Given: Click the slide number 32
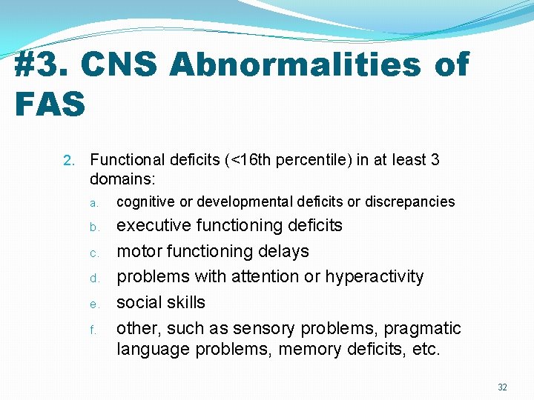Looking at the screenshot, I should [x=502, y=387].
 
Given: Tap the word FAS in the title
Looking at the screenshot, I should [x=50, y=104].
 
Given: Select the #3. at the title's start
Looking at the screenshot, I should [x=42, y=65].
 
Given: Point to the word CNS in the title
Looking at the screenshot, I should [x=119, y=65].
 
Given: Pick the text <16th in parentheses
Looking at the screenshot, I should [x=249, y=160].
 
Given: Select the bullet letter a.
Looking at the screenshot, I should [x=94, y=203].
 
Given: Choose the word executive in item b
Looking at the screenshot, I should [x=154, y=225].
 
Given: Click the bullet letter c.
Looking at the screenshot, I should [x=94, y=253].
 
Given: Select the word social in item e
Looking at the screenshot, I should [x=139, y=302].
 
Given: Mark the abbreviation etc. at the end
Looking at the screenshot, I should [x=426, y=348].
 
